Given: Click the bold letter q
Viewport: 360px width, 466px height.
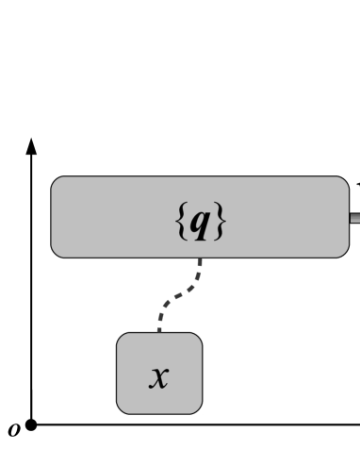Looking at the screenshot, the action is (x=201, y=223).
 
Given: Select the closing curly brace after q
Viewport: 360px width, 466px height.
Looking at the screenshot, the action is (x=219, y=223).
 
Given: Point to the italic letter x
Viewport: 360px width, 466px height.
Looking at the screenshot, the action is (x=159, y=376).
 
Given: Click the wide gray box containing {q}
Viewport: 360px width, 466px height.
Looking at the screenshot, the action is (x=113, y=217).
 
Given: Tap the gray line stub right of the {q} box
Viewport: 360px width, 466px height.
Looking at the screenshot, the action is (x=354, y=218).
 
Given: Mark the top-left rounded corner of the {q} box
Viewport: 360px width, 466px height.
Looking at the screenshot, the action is (x=56, y=181).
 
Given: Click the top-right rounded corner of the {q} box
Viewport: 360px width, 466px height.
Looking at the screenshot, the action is (x=344, y=181).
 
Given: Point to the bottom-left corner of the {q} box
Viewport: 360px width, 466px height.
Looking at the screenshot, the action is (x=56, y=253).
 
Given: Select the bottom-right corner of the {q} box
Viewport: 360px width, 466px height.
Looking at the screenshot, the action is (x=344, y=253).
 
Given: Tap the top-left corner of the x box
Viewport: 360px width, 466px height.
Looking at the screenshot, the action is (x=122, y=338).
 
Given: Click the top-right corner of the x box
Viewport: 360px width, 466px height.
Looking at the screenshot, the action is (x=197, y=338).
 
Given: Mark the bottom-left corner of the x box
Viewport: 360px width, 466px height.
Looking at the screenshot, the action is (x=122, y=408).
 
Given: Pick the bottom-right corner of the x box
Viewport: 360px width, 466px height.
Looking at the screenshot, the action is (x=197, y=408).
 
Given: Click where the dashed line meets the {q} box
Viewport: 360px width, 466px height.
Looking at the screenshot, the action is (x=200, y=258).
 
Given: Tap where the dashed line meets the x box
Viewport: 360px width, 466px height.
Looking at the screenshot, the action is (x=159, y=332).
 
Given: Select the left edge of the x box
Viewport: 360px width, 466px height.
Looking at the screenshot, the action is (x=118, y=373).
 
